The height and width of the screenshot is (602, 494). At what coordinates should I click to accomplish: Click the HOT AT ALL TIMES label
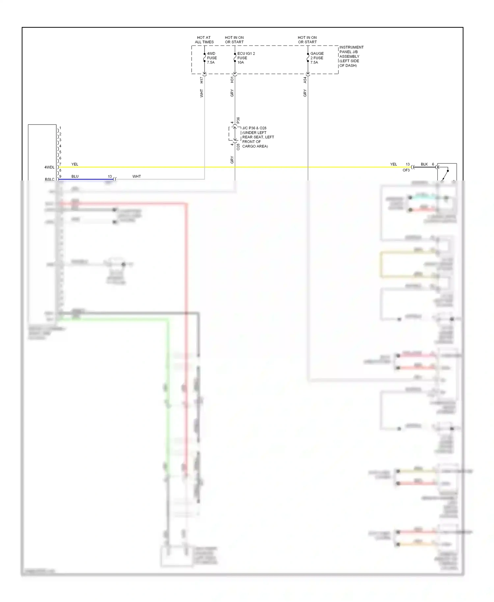coord(204,40)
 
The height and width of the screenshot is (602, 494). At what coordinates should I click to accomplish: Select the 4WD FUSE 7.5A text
coord(212,58)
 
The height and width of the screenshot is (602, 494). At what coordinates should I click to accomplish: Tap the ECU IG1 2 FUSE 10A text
coord(246,58)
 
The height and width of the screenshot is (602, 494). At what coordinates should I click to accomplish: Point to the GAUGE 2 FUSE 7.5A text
coord(317,58)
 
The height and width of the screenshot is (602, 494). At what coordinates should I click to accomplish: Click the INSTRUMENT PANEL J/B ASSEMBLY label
coord(351,56)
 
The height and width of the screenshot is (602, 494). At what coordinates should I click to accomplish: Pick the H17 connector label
coord(202,80)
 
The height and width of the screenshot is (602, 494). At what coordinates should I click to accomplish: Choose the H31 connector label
coord(232,80)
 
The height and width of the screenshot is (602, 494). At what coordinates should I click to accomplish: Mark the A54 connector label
coord(305,80)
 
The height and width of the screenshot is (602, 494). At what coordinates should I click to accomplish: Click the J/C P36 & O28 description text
coord(258,137)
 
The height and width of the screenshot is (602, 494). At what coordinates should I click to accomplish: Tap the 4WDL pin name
coord(49,167)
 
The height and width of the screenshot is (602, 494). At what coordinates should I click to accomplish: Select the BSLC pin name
coord(50,179)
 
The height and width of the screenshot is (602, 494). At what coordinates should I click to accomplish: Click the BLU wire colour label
coord(75,177)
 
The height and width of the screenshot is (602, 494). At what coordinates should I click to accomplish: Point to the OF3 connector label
coord(406,170)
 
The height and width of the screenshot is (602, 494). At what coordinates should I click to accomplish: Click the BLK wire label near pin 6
coord(424,164)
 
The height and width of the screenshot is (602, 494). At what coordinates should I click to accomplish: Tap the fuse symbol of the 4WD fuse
coord(205,58)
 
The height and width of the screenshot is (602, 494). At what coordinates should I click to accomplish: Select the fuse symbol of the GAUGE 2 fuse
coord(308,58)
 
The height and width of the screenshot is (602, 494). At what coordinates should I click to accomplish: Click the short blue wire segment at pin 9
coord(86,179)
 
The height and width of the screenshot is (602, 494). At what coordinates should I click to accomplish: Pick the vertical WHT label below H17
coord(202,93)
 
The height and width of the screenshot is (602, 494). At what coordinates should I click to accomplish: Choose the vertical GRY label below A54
coord(305,93)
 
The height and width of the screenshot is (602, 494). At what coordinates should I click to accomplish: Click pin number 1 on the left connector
coord(60,128)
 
